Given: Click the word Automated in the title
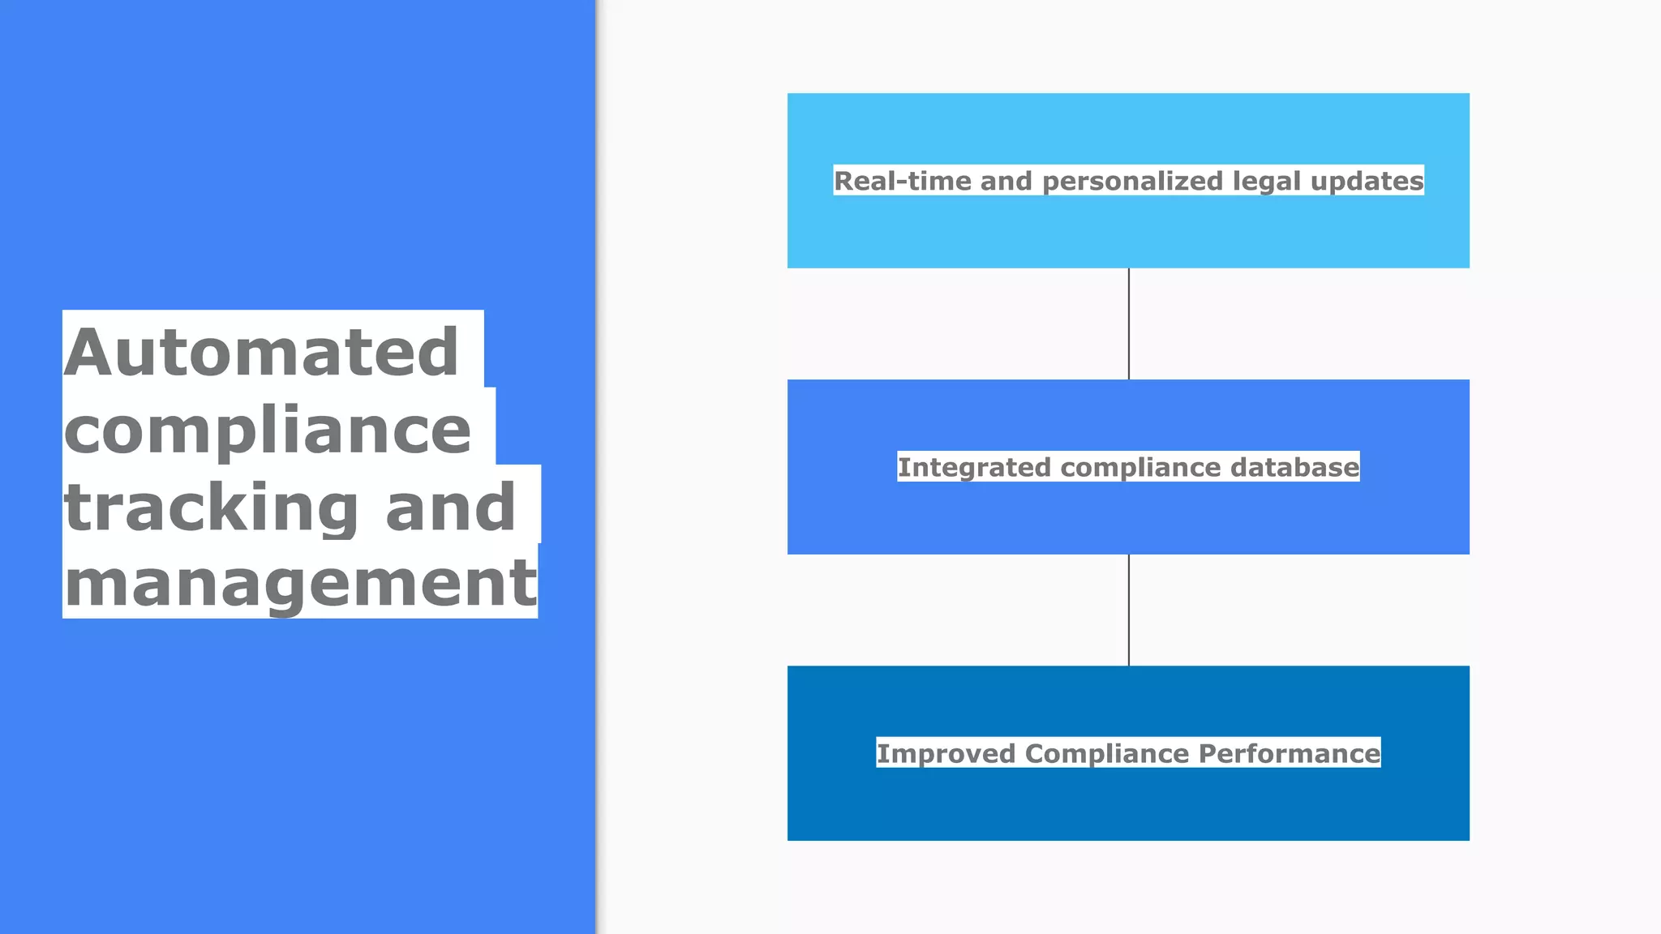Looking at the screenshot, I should point(261,353).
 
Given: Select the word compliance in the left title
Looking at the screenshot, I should point(268,431).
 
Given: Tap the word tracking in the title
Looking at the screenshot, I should point(211,508).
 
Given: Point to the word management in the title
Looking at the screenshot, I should point(300,584).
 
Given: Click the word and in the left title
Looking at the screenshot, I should point(450,508).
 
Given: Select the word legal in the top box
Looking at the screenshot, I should point(1267,182).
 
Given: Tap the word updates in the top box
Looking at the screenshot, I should point(1367,182).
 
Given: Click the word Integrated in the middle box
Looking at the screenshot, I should point(974,468).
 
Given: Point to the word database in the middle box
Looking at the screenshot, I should point(1294,467).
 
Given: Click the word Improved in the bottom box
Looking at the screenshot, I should point(946,754).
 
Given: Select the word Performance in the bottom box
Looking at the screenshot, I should point(1290,754).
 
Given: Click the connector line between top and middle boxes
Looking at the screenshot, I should point(1128,323).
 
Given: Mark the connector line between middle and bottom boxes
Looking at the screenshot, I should point(1128,610).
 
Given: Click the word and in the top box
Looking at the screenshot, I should point(1006,181).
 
